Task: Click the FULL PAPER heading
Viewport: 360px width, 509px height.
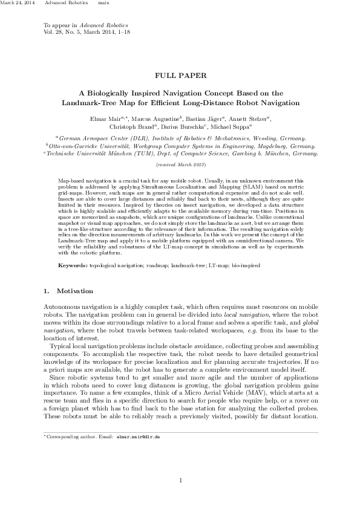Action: pos(181,76)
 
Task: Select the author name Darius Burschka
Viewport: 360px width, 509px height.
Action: pos(189,128)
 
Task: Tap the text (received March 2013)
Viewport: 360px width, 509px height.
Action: pos(181,164)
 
